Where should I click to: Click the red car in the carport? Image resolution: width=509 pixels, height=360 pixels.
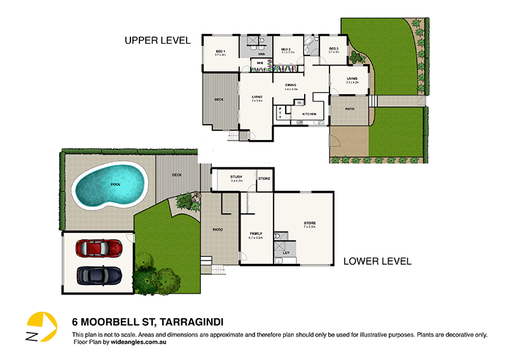[x=99, y=247]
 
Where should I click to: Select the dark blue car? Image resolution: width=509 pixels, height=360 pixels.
[x=99, y=275]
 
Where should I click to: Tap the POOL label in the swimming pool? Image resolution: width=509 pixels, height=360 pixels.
[x=115, y=184]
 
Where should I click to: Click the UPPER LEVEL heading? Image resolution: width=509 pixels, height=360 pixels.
[x=157, y=41]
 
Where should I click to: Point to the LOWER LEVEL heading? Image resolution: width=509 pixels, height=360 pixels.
[x=377, y=261]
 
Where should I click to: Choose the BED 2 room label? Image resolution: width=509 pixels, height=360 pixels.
[x=286, y=49]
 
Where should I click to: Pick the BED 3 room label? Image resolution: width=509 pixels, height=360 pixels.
[x=333, y=49]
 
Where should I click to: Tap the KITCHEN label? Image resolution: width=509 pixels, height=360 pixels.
[x=309, y=114]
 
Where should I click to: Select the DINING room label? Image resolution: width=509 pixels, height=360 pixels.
[x=292, y=85]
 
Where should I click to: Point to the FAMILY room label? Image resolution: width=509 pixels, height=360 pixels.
[x=256, y=233]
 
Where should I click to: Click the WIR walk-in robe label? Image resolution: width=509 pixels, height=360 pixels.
[x=260, y=63]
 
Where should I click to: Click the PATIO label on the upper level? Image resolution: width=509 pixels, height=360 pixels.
[x=349, y=109]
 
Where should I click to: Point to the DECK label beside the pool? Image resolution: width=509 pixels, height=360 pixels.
[x=177, y=175]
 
